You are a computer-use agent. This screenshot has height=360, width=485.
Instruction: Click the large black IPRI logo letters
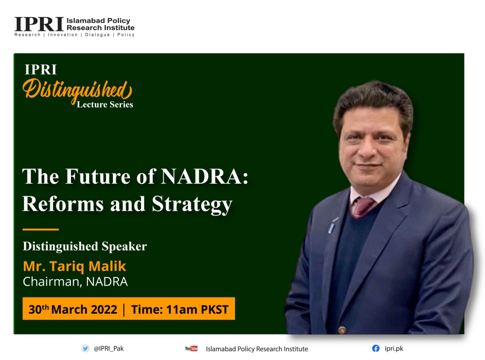click(39, 24)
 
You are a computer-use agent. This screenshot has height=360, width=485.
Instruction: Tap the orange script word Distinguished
click(77, 91)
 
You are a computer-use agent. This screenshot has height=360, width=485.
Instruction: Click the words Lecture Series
click(105, 105)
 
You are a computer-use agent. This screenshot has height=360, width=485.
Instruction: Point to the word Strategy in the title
click(192, 204)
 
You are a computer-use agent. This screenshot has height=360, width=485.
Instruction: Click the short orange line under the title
click(41, 229)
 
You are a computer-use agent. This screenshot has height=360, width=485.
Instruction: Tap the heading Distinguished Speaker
click(85, 246)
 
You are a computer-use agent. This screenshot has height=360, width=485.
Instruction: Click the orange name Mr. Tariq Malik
click(75, 267)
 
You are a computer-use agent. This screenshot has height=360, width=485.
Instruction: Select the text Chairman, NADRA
click(75, 282)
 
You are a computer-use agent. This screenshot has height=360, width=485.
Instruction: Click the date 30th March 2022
click(73, 310)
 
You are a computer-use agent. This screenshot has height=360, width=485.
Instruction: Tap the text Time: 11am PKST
click(180, 310)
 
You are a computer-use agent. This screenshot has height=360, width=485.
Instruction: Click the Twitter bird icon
click(85, 348)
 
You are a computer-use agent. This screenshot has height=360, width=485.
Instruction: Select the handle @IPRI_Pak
click(109, 349)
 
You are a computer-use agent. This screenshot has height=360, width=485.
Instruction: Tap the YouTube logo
click(191, 349)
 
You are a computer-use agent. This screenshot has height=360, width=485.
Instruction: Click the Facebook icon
click(375, 348)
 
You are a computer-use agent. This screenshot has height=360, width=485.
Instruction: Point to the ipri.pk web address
click(394, 349)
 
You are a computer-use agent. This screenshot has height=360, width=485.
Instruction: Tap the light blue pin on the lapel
click(332, 228)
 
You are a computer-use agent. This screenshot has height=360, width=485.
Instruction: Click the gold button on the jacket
click(342, 330)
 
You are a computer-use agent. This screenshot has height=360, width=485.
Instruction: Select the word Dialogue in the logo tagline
click(97, 35)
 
